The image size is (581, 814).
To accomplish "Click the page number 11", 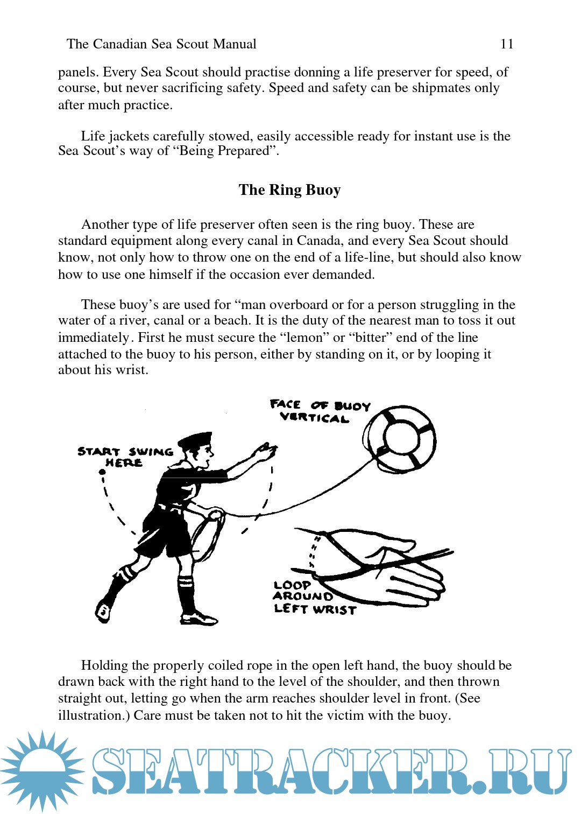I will point(507,44).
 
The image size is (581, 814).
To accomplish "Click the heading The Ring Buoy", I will point(289,190).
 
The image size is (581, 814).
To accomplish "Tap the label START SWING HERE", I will point(125,457).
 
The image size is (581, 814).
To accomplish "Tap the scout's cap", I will point(195,441).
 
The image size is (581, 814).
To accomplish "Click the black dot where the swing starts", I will point(102,472).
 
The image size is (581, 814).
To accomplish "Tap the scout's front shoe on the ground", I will point(199,619).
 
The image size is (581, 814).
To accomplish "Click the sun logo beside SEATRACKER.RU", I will point(42,770).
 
